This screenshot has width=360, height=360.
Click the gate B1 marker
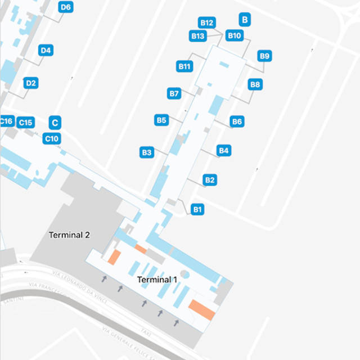click(197, 209)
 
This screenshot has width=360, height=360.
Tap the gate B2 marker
click(210, 180)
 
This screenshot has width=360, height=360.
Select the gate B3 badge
click(147, 152)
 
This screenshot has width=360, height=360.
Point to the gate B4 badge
click(224, 150)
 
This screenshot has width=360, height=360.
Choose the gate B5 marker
click(161, 120)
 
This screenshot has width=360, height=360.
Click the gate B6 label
click(237, 121)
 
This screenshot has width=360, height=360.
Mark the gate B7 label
click(174, 93)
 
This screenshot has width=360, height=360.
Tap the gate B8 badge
click(255, 84)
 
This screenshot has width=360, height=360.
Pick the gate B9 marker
click(265, 56)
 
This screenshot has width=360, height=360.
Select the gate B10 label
click(234, 35)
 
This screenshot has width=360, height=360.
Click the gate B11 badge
click(185, 66)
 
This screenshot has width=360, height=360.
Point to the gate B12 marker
click(206, 23)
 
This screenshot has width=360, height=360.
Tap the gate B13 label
click(197, 36)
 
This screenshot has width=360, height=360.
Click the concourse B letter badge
click(245, 19)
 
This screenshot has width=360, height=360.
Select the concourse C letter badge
click(55, 123)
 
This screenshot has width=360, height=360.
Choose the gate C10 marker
click(52, 138)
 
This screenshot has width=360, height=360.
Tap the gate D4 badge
click(46, 51)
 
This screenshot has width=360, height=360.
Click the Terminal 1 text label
click(157, 280)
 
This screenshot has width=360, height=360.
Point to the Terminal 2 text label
click(69, 235)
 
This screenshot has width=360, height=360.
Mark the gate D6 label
click(65, 7)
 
